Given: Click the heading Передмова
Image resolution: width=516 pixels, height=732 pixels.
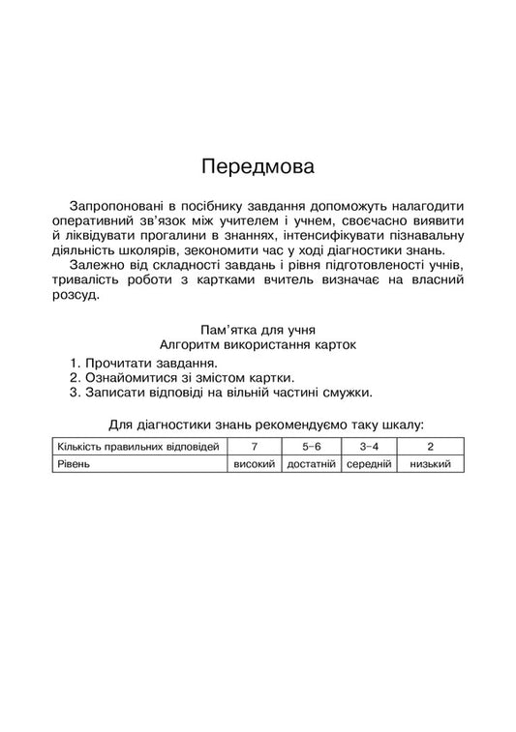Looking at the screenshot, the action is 258,165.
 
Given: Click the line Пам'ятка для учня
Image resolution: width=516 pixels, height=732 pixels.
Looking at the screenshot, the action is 258,330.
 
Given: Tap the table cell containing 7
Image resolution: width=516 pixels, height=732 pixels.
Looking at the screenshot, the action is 255,447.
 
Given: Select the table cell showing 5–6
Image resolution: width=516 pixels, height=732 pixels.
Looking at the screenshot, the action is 311,447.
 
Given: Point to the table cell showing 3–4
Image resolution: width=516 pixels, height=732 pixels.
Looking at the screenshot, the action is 368,447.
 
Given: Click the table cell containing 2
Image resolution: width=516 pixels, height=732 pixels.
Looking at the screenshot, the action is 430,447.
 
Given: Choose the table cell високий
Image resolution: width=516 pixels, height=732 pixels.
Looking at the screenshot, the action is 255,465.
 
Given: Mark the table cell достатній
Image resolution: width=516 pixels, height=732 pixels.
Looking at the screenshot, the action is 311,465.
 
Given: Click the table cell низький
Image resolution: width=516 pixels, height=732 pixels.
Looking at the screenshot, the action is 430,465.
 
